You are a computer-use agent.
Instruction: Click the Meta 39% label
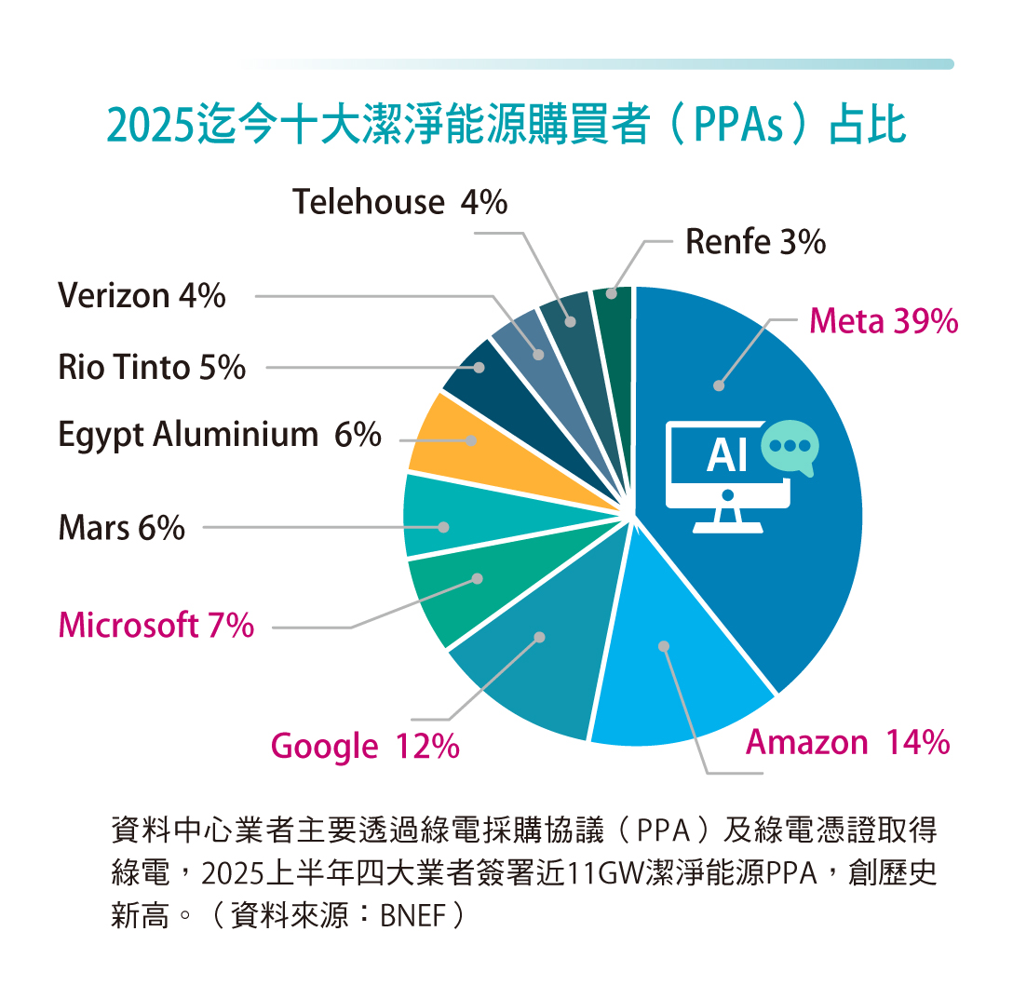tap(883, 321)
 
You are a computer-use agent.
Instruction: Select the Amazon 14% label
tap(847, 743)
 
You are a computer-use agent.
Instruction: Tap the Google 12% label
tap(365, 746)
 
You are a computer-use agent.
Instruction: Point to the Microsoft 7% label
tap(156, 625)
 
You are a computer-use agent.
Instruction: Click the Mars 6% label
tap(122, 529)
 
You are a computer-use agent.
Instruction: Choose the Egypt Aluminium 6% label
tap(220, 435)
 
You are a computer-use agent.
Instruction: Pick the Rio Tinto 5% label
tap(152, 368)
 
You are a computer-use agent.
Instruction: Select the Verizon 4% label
tap(142, 296)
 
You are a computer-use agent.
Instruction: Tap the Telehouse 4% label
tap(400, 202)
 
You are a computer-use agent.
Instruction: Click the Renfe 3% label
tap(755, 242)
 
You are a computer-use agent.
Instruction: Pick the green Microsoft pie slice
tap(466, 587)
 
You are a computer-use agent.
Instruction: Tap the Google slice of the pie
tap(531, 661)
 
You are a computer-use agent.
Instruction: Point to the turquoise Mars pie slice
tap(447, 517)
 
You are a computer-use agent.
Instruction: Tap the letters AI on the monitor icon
tap(727, 456)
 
